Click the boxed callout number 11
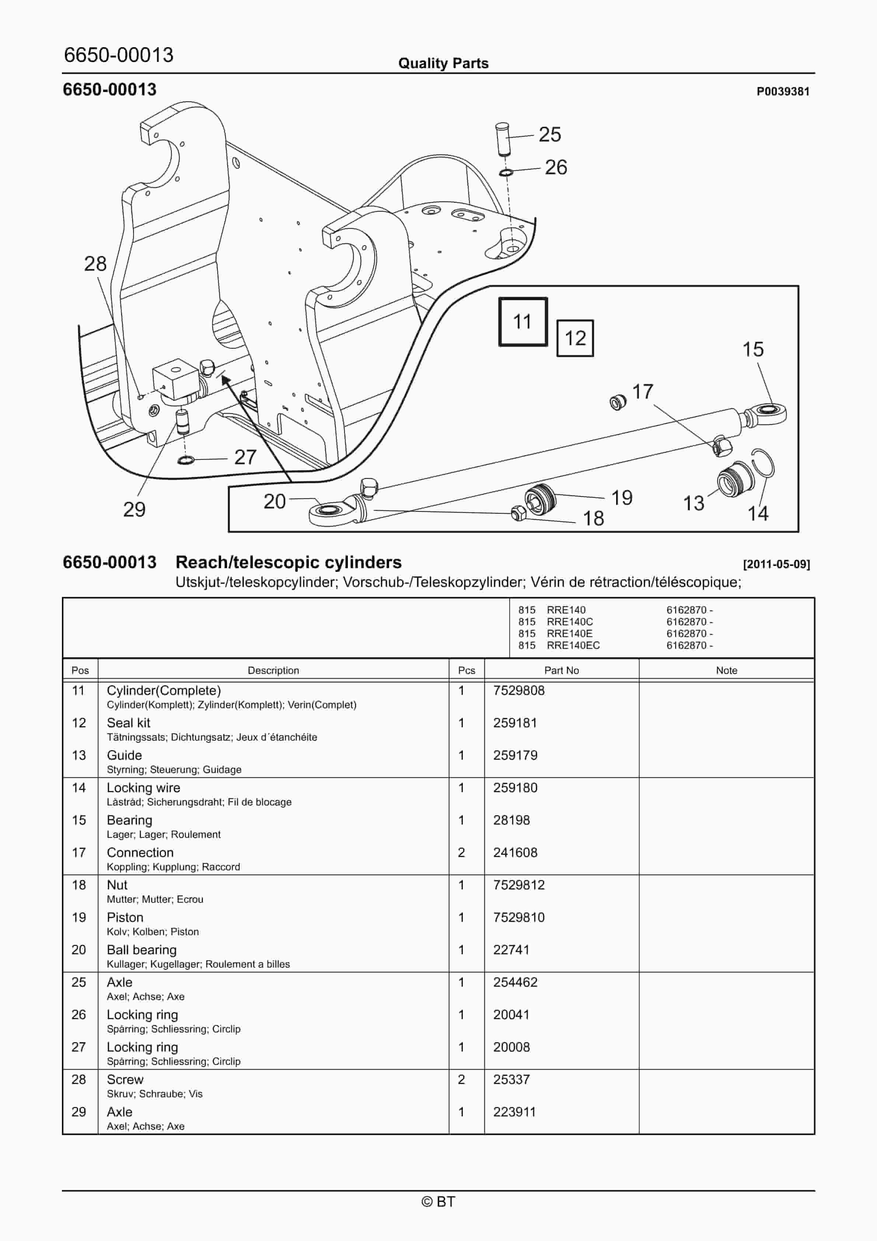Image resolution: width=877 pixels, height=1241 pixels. [522, 322]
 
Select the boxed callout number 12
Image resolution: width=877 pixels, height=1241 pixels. [575, 338]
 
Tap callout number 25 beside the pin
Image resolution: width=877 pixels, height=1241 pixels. [549, 134]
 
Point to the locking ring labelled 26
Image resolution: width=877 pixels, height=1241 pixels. [506, 172]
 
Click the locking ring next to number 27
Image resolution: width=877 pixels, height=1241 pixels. [185, 460]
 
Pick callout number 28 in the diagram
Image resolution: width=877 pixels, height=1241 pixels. [95, 264]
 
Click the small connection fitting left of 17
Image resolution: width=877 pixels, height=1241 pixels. [618, 402]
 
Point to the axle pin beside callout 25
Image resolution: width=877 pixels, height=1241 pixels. [502, 139]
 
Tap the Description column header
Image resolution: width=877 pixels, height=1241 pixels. [273, 670]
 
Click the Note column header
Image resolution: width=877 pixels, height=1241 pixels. [726, 670]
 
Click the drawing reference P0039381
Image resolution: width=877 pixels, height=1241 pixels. [782, 91]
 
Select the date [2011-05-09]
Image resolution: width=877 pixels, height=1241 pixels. [776, 564]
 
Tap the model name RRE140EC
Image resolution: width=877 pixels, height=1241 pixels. [573, 645]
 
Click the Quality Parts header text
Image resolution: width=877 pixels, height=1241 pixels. [443, 63]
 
